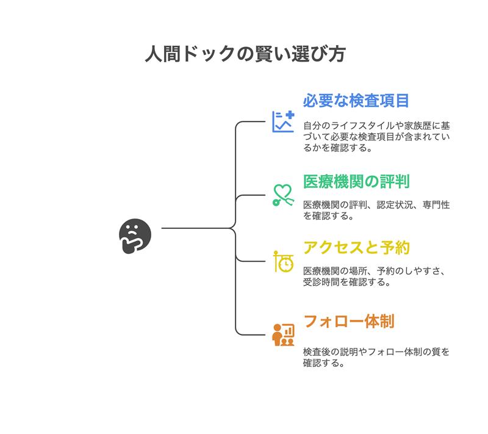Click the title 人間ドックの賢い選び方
(244, 54)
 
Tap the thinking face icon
(134, 235)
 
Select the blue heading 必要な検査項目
(356, 101)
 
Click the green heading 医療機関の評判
(356, 182)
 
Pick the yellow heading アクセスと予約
(356, 248)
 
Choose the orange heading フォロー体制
(348, 320)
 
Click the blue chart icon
(283, 121)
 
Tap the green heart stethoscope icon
(283, 195)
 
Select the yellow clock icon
(283, 261)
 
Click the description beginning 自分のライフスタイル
(376, 136)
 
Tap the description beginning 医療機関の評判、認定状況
(376, 210)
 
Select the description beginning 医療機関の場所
(376, 276)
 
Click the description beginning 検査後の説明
(376, 357)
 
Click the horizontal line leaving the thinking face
(195, 228)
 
